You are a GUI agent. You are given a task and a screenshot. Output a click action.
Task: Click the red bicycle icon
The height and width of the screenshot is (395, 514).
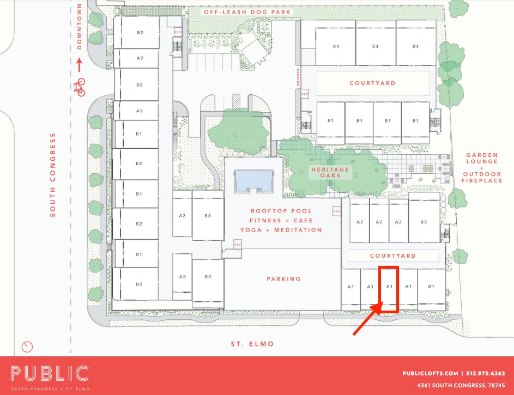click(x=81, y=87)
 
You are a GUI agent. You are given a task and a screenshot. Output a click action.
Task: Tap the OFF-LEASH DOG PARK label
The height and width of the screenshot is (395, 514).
click(x=246, y=12)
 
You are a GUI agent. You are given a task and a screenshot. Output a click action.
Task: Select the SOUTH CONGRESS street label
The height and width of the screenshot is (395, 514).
click(x=53, y=174)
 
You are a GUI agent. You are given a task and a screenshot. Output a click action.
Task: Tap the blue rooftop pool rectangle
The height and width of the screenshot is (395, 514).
click(x=253, y=179)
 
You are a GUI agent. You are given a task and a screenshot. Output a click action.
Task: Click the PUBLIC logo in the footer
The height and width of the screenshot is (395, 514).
click(x=49, y=374)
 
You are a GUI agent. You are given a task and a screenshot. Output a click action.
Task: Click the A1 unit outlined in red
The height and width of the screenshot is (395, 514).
click(x=389, y=287)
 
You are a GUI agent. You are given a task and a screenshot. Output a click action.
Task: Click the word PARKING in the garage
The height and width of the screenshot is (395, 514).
click(x=283, y=279)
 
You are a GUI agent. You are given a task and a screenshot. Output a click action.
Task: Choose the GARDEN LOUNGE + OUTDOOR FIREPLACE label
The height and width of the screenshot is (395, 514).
click(x=482, y=167)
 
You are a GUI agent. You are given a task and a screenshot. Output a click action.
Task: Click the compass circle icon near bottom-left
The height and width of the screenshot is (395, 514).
click(x=26, y=347)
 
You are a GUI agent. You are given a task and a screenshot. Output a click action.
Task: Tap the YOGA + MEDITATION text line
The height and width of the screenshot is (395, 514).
click(x=281, y=230)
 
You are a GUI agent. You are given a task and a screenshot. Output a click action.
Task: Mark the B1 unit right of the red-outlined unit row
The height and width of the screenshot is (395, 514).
click(x=431, y=287)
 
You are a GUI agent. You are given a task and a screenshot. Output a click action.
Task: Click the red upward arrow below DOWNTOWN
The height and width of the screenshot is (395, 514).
click(x=80, y=65)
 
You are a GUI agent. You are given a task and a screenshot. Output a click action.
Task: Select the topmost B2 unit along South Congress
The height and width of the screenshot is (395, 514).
click(x=140, y=33)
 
